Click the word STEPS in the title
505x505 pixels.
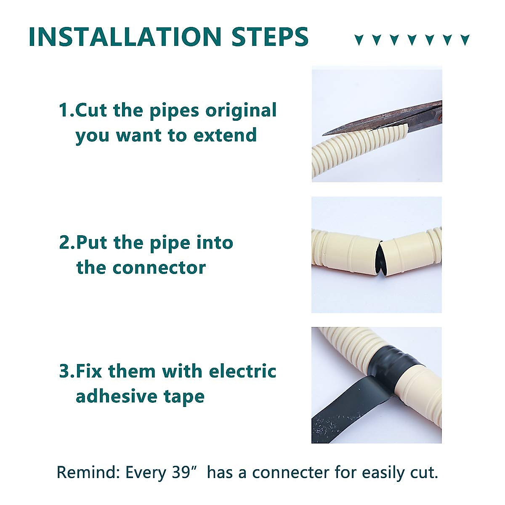point(270,37)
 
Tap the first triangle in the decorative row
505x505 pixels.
point(359,40)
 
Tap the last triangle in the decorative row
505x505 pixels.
point(465,40)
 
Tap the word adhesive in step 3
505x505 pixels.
point(116,396)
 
